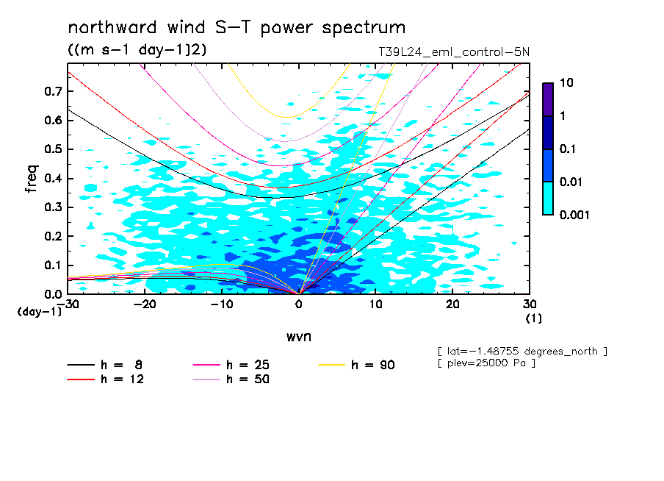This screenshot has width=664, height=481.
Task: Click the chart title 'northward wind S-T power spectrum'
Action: pos(237,28)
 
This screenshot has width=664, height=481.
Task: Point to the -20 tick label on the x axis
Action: pos(145,304)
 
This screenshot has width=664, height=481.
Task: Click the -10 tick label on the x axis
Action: pos(221,304)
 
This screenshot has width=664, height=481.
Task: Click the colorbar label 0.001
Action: pos(574,215)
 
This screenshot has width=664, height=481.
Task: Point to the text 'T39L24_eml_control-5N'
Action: pos(452,52)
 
